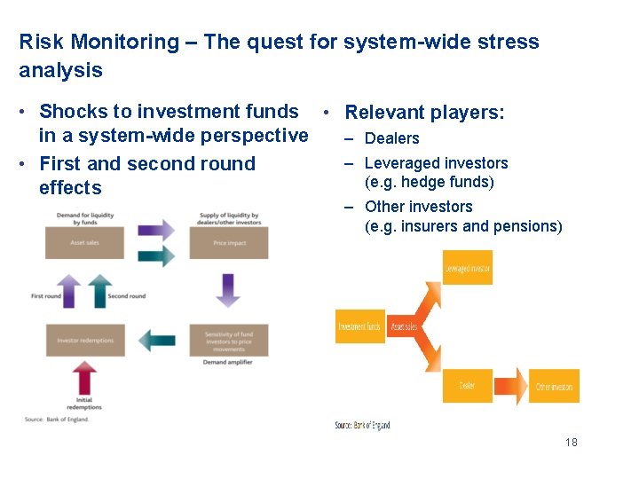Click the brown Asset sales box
(x=84, y=242)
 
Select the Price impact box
(x=229, y=242)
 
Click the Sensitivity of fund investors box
(x=229, y=341)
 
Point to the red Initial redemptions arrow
(x=85, y=380)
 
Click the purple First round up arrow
(x=72, y=292)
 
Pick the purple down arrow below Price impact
(x=228, y=290)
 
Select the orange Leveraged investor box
(x=467, y=268)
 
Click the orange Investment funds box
(x=359, y=326)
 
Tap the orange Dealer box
(x=467, y=386)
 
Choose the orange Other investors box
(x=554, y=387)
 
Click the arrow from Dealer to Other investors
(x=509, y=386)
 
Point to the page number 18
(x=571, y=442)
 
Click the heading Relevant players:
(x=424, y=113)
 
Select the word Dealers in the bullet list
(x=391, y=138)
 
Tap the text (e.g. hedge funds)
(x=429, y=183)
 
